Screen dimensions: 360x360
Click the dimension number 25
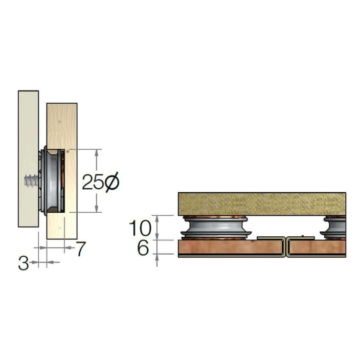tap(94, 182)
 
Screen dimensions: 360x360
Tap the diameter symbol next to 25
tap(112, 182)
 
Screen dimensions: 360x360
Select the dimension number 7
tap(81, 249)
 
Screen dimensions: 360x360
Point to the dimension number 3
tap(24, 263)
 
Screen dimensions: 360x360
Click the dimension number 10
tap(140, 228)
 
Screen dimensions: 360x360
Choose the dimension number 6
tap(143, 247)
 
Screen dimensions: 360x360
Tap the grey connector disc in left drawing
tap(52, 181)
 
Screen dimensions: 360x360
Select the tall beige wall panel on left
tap(28, 159)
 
